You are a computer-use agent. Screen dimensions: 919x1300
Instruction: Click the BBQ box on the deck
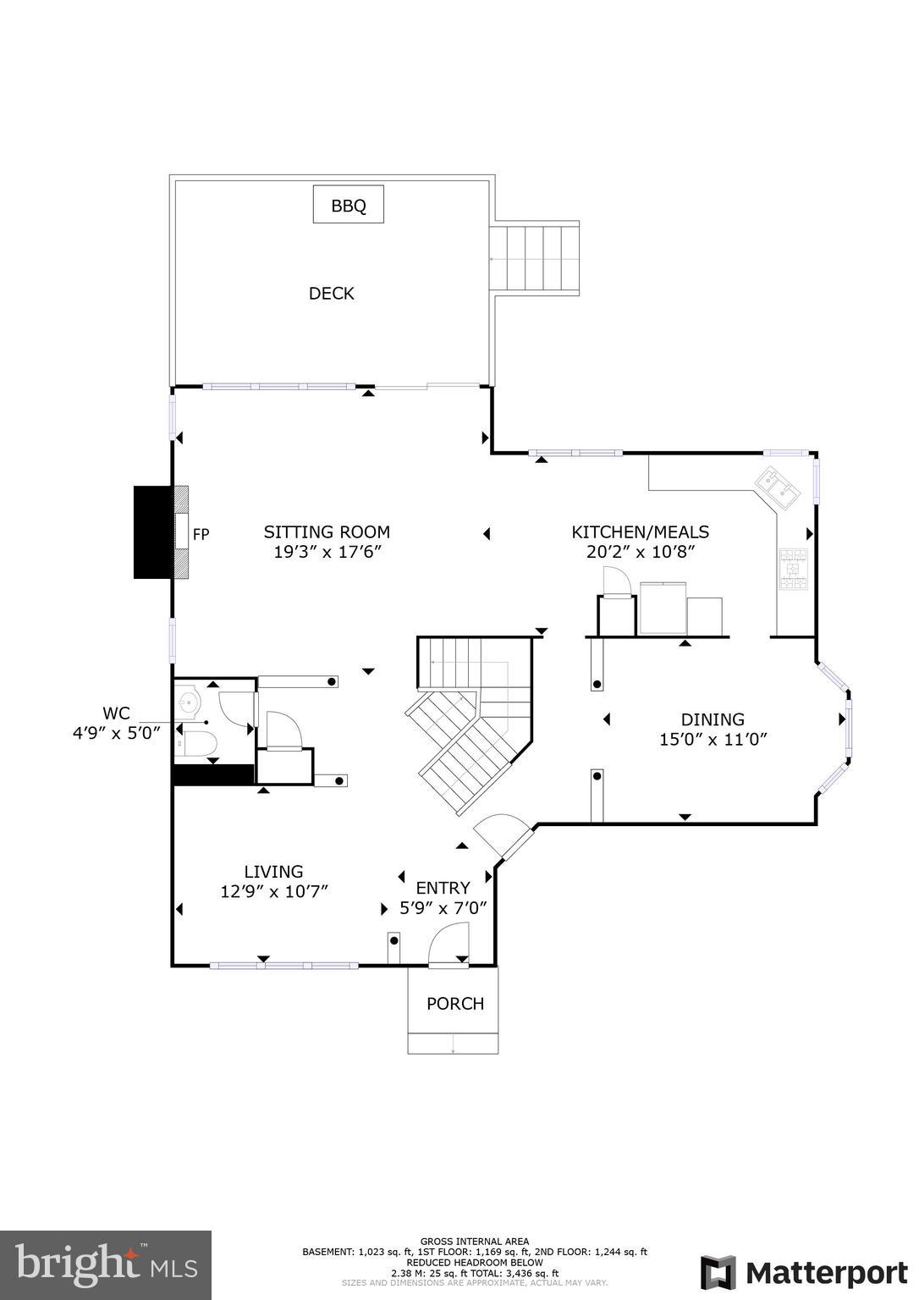348,204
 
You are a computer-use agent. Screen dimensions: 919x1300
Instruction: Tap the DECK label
331,294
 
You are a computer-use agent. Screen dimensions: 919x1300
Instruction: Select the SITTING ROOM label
327,532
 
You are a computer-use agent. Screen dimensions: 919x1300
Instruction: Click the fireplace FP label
201,535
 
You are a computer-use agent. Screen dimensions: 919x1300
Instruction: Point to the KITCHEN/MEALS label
641,532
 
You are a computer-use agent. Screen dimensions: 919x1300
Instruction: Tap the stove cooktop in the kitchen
793,569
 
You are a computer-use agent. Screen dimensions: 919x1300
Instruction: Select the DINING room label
713,719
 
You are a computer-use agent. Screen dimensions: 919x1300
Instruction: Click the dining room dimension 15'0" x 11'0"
713,740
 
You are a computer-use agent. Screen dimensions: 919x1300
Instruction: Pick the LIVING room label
273,872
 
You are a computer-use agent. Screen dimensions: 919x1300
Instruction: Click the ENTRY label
443,888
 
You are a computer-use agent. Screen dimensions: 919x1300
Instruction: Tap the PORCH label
455,1004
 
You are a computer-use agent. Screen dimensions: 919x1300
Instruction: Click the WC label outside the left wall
116,713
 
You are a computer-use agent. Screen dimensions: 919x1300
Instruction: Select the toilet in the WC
196,743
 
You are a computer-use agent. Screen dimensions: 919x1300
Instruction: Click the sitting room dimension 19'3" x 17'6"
327,551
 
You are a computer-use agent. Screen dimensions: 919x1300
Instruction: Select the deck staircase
534,258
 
